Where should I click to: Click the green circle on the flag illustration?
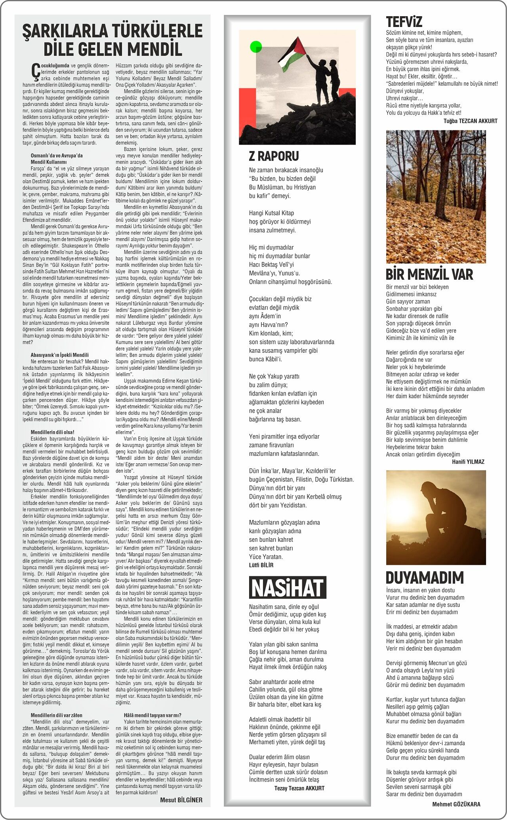coord(256,47)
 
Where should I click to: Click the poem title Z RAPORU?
coord(274,156)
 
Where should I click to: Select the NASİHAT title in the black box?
coord(288,587)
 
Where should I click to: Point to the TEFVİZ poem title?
coord(404,21)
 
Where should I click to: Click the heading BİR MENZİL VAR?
coord(429,274)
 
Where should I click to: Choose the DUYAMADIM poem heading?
coord(425,577)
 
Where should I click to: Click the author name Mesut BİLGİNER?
coord(181,800)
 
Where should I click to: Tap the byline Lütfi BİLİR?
coord(261,565)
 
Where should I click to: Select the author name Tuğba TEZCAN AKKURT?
coord(470,121)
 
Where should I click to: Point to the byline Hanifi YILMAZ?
coord(468,462)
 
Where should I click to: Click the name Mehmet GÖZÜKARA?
coord(456,804)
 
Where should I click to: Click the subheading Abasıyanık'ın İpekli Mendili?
coord(59,355)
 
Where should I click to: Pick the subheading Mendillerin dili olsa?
coord(52,432)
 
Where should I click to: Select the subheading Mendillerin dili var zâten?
coord(56,715)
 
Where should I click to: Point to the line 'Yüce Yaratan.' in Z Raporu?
coord(266,557)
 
